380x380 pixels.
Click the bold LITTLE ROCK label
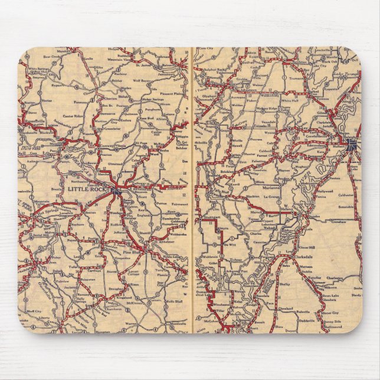[x=89, y=189]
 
